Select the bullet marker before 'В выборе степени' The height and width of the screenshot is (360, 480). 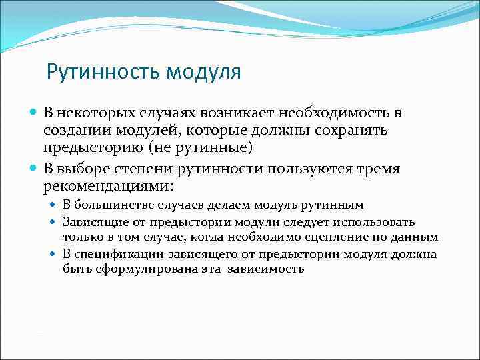(35, 169)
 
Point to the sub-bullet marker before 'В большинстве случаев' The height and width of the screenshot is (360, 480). (56, 205)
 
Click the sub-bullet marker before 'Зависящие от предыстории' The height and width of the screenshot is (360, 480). (56, 221)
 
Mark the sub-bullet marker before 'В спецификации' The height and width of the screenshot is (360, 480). (56, 254)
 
